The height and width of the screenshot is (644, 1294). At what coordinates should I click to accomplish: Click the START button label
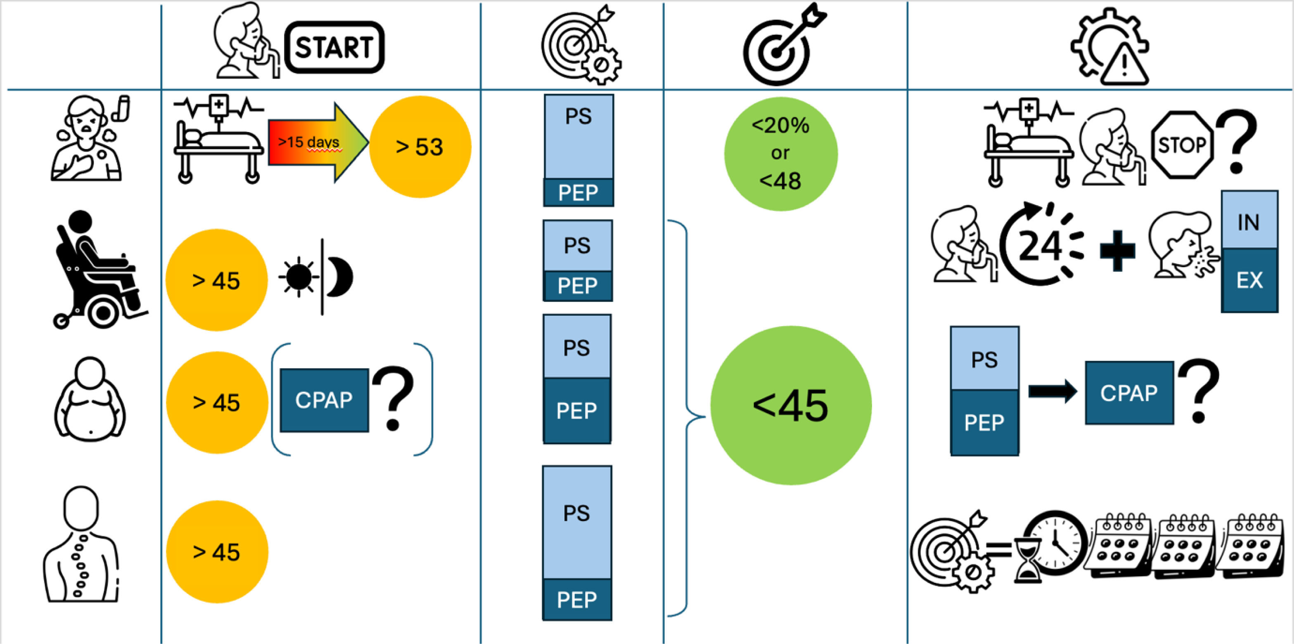pyautogui.click(x=334, y=48)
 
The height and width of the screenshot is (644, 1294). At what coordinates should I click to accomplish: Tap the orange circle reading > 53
pyautogui.click(x=420, y=147)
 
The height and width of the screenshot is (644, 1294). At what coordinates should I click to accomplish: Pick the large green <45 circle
pyautogui.click(x=790, y=405)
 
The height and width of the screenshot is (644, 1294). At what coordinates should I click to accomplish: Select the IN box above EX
pyautogui.click(x=1249, y=220)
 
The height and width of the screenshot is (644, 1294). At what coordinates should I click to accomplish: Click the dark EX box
pyautogui.click(x=1249, y=280)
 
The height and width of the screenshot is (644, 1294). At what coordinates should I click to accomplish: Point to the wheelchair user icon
pyautogui.click(x=98, y=271)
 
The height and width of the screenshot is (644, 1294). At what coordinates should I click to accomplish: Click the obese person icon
pyautogui.click(x=90, y=399)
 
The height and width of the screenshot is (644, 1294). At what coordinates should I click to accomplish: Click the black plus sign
pyautogui.click(x=1117, y=251)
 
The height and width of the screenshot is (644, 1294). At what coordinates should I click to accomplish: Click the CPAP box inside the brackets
pyautogui.click(x=324, y=400)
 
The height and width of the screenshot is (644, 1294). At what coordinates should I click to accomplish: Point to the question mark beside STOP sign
pyautogui.click(x=1237, y=142)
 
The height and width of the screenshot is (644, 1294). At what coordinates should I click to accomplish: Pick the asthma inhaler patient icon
pyautogui.click(x=90, y=138)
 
